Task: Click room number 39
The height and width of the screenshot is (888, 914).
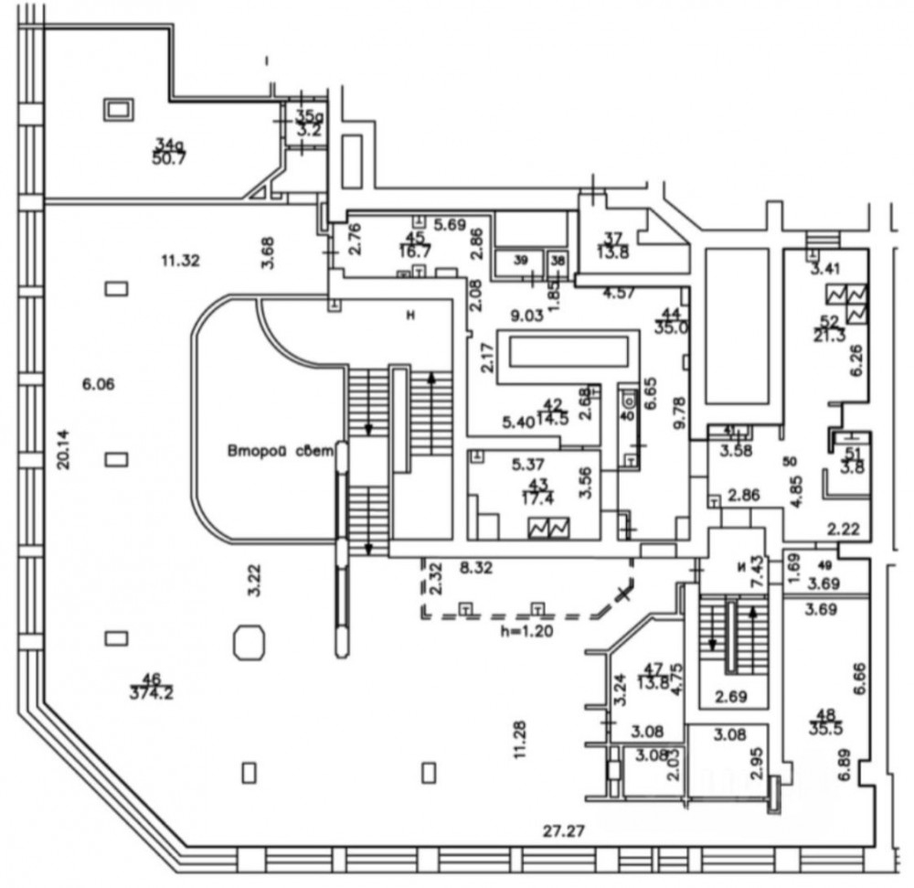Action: tap(521, 261)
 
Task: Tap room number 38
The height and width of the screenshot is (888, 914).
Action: tap(558, 261)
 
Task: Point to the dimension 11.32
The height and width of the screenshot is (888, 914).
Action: tap(179, 261)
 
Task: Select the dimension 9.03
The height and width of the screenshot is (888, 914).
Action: tap(526, 316)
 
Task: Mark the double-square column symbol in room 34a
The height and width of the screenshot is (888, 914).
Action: tap(119, 111)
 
